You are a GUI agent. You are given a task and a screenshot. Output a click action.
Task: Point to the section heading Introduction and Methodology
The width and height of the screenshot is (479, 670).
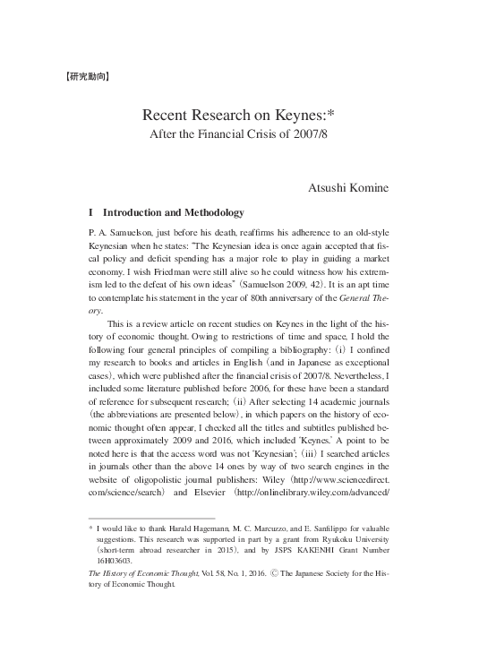coord(174,213)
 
